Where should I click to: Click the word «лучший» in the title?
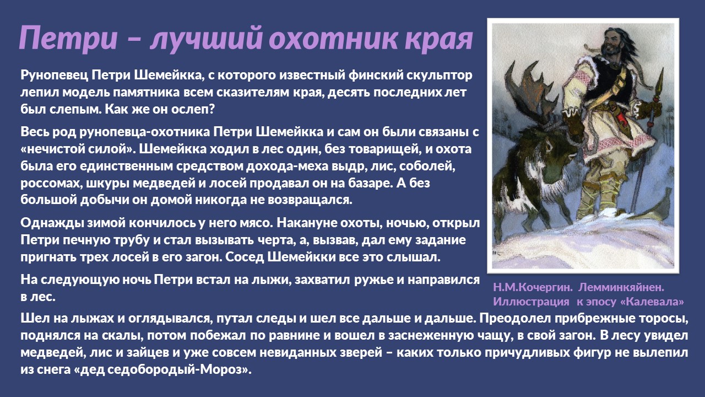tap(206, 39)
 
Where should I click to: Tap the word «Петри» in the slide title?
tap(68, 39)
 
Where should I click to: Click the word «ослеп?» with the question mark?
tap(193, 110)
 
